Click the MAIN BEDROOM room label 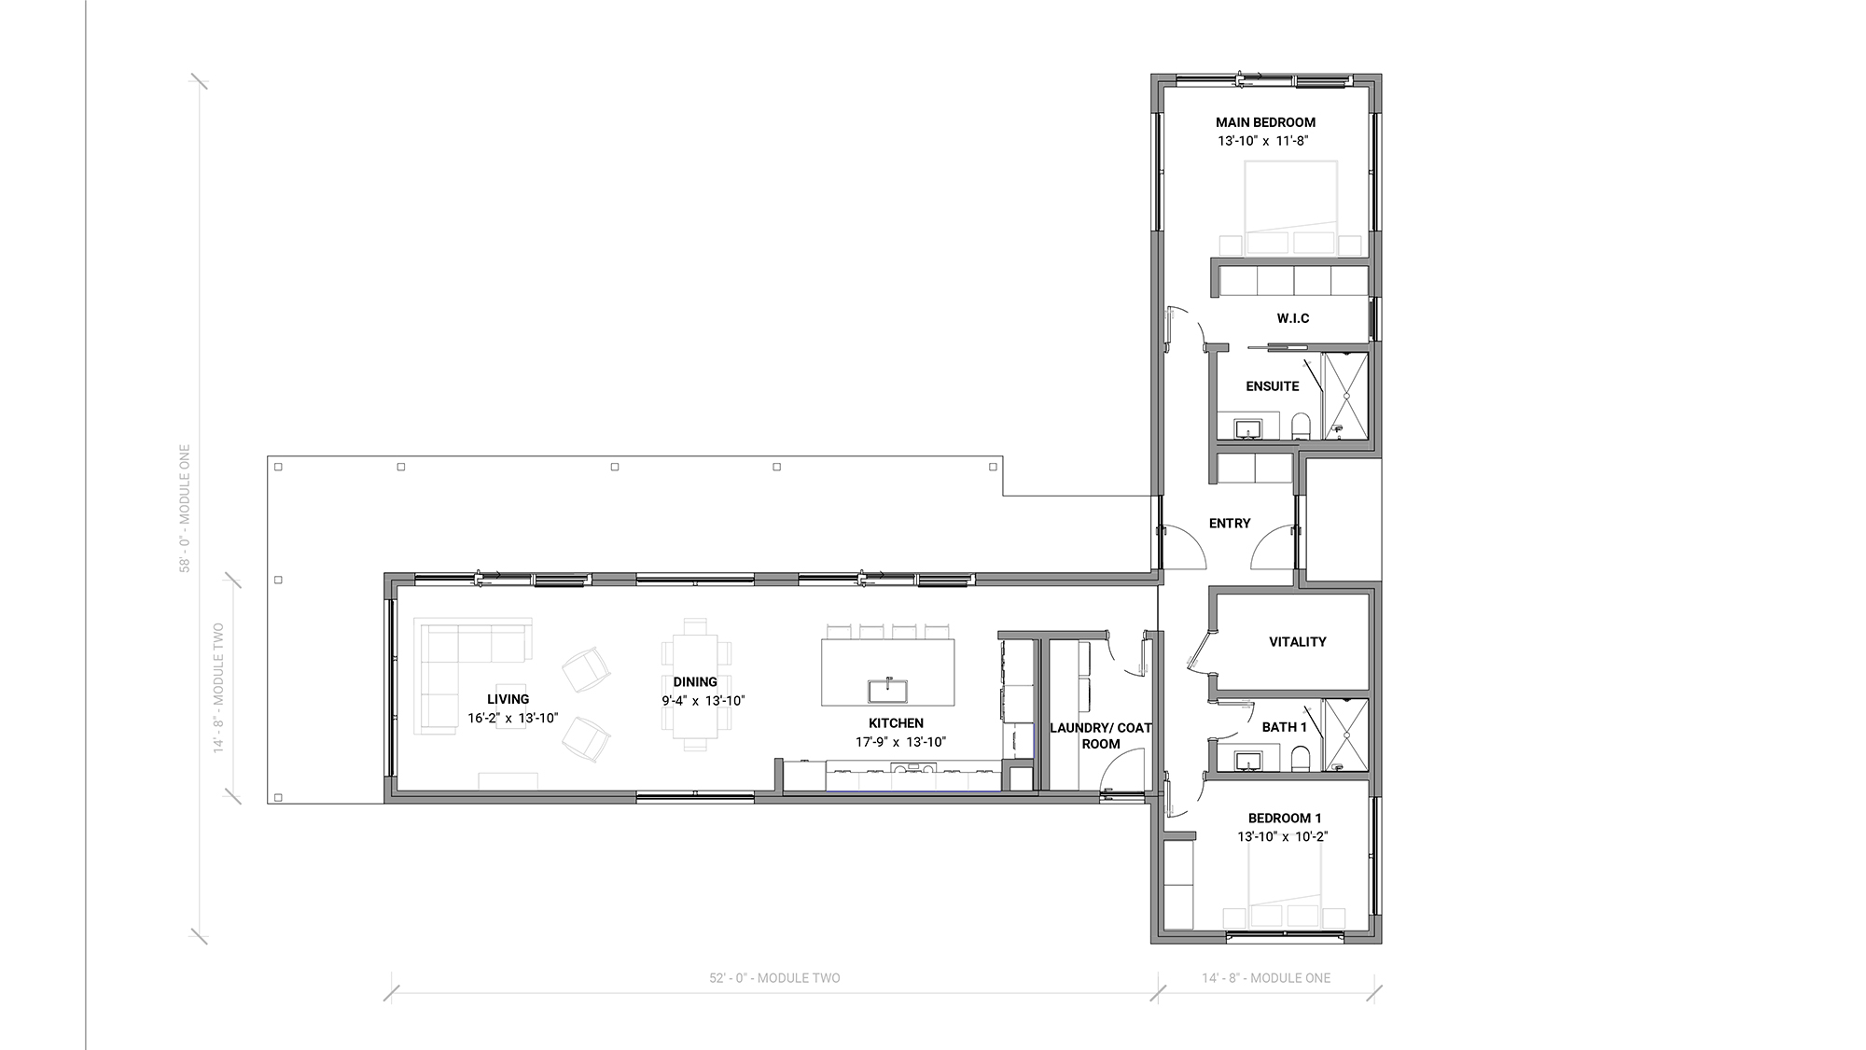click(1265, 122)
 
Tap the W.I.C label click(1293, 318)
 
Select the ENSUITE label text click(1273, 386)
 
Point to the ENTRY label click(1230, 524)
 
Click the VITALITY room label click(1298, 642)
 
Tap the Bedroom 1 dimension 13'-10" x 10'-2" click(1283, 837)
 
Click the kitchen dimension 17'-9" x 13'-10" click(900, 742)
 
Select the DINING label click(695, 682)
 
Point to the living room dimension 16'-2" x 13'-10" click(513, 718)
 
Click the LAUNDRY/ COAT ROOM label click(1101, 735)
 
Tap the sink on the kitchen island click(888, 691)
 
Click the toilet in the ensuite click(1302, 427)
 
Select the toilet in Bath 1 click(1302, 759)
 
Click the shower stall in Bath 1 click(1345, 735)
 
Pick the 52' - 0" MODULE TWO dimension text click(774, 978)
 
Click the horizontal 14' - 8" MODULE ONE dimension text click(1266, 978)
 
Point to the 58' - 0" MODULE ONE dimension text click(185, 508)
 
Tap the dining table click(695, 684)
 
